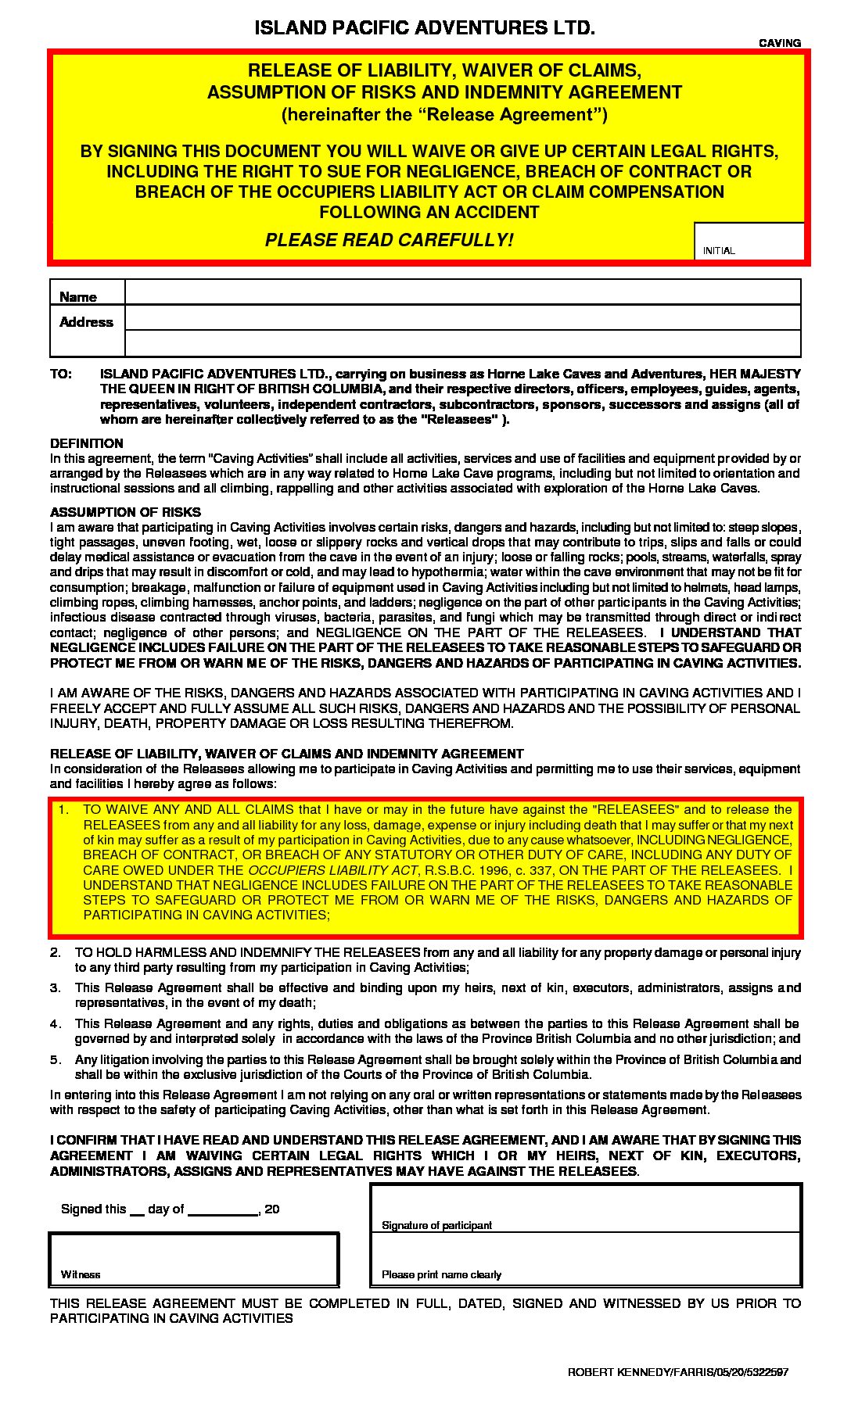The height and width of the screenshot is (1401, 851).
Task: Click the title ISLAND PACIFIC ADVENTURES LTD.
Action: point(425,28)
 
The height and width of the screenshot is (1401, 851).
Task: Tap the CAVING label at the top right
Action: point(780,43)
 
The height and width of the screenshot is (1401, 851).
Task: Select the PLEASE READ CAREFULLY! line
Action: point(389,240)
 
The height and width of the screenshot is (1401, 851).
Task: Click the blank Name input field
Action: point(462,292)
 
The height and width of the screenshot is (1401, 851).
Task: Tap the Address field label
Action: point(86,322)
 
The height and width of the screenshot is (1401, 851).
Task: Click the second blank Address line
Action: point(462,343)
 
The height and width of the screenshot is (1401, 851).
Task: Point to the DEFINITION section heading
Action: point(87,443)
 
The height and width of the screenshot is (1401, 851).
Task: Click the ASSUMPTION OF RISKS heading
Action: point(125,512)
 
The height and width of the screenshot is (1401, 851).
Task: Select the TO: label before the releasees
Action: point(61,374)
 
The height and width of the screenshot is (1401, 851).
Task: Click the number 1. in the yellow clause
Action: point(65,810)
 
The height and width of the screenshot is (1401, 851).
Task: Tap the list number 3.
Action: point(56,988)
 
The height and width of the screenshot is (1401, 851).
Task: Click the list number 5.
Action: point(56,1060)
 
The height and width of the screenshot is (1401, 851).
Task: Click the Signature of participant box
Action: point(585,1209)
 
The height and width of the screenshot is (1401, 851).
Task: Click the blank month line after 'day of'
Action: point(223,1209)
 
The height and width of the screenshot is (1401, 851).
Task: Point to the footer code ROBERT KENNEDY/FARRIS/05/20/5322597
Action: point(677,1372)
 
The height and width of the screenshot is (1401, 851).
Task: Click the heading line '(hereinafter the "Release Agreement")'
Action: point(444,115)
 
